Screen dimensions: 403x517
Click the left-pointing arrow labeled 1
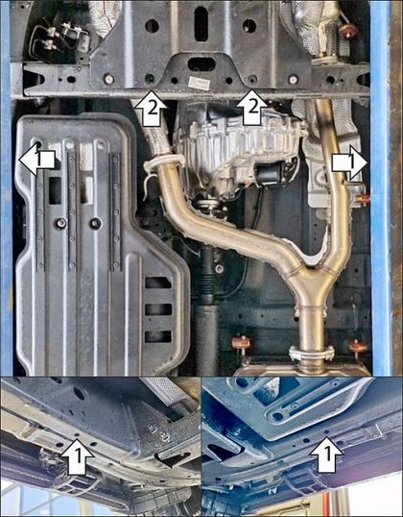[x=36, y=160]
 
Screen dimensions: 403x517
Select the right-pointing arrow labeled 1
[x=349, y=162]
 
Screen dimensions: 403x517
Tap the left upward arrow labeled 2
[x=152, y=110]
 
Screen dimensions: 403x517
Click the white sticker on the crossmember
[x=200, y=83]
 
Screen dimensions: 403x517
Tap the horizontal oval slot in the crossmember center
[x=201, y=64]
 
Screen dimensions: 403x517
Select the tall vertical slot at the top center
[x=201, y=24]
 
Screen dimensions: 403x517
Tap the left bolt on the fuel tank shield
[x=60, y=223]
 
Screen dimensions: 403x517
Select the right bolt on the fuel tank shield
[x=96, y=224]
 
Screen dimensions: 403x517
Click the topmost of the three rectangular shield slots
[x=158, y=283]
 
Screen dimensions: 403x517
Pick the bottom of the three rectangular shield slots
[x=158, y=336]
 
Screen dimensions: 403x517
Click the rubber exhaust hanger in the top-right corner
[x=348, y=30]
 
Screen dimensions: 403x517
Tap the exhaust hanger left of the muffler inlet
[x=241, y=343]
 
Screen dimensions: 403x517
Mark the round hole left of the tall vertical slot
[x=152, y=26]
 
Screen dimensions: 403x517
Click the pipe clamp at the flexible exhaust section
[x=163, y=160]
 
